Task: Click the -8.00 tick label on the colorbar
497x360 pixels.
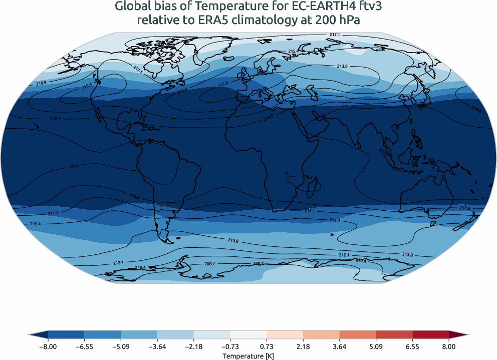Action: pos(48,346)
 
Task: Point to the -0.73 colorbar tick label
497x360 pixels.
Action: pos(230,346)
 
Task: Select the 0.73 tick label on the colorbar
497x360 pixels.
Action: pos(267,346)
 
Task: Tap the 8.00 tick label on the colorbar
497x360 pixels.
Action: pos(449,346)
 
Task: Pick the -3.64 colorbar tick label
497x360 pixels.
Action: pos(157,346)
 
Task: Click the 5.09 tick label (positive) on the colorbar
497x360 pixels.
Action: pos(376,346)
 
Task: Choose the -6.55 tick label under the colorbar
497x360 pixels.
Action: pos(85,346)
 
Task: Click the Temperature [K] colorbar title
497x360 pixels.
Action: pos(248,355)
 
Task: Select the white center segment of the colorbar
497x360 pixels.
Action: pos(248,335)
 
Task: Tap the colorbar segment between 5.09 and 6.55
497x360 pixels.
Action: pos(394,335)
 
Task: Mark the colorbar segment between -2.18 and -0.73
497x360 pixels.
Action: pos(212,335)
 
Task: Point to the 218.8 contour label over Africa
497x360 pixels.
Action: pos(269,118)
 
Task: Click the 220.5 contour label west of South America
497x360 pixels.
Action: pos(73,166)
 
